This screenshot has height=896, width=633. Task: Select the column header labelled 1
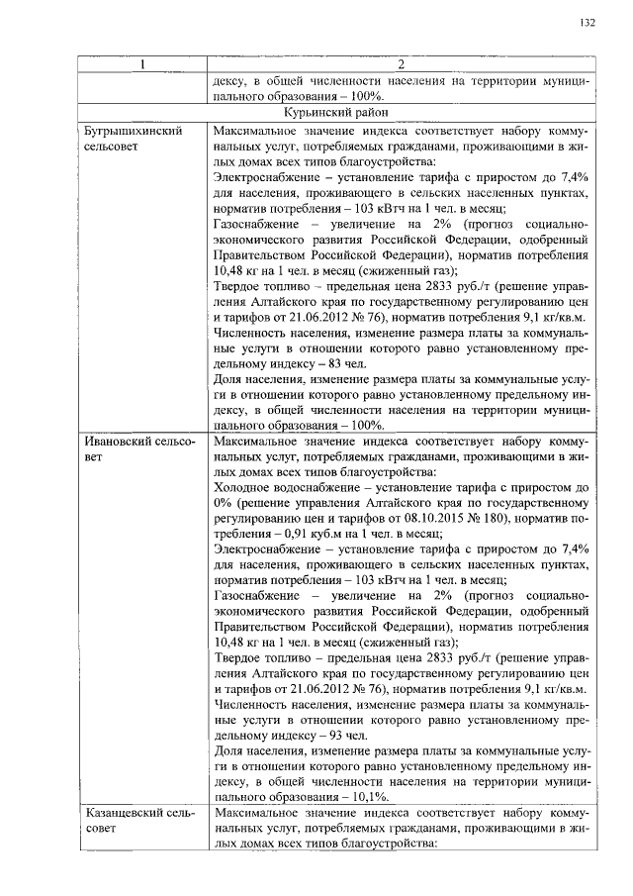(x=142, y=66)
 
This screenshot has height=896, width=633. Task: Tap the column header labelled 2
(x=400, y=66)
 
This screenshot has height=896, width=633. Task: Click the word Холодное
(x=242, y=486)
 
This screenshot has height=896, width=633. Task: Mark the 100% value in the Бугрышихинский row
(x=365, y=424)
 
